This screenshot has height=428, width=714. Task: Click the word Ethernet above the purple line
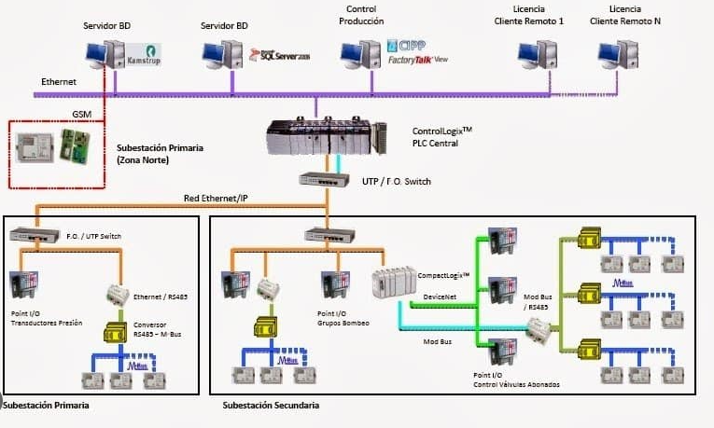[58, 82]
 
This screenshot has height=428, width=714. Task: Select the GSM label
[82, 114]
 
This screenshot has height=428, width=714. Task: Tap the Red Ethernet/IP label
[217, 197]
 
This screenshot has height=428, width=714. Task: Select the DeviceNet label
[440, 296]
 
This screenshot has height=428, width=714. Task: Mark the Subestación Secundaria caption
[271, 406]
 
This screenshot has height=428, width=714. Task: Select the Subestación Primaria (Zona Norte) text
[153, 153]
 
